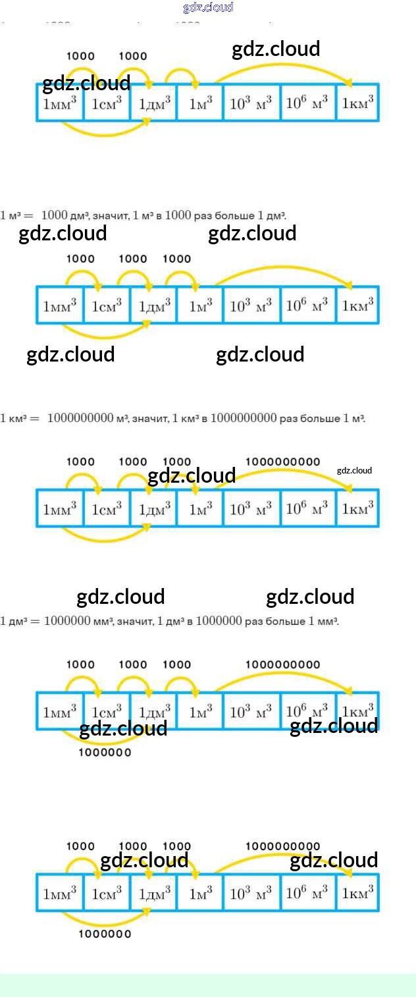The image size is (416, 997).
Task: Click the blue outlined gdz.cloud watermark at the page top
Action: click(x=208, y=7)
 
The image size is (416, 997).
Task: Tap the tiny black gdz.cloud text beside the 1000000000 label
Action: click(x=354, y=470)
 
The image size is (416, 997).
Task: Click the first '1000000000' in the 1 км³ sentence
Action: click(x=81, y=418)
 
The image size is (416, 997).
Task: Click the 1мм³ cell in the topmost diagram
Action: click(x=60, y=103)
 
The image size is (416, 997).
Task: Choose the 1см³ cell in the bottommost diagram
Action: click(x=107, y=894)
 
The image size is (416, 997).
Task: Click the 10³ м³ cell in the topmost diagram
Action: click(x=251, y=103)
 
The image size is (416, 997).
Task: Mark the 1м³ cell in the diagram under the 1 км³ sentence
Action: click(x=200, y=508)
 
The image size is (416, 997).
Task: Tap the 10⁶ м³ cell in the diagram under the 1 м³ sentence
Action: click(x=307, y=306)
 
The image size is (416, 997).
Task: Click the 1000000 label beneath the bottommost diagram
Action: click(x=105, y=934)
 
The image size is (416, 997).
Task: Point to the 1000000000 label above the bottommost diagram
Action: click(x=283, y=846)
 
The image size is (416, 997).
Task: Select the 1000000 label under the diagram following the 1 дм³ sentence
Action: click(x=105, y=752)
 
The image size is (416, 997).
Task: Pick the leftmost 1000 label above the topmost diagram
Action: click(x=80, y=56)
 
